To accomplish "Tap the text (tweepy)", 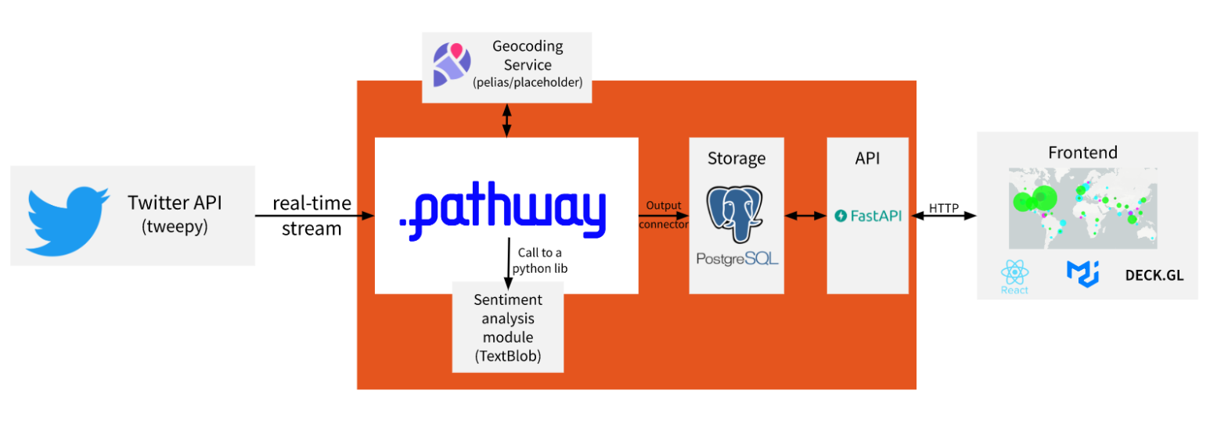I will (175, 228).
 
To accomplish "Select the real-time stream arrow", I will (313, 216).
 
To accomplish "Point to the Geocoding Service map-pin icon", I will (452, 63).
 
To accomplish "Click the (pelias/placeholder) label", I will (528, 82).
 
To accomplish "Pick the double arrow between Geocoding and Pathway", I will (506, 120).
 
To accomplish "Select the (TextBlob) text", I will (508, 355).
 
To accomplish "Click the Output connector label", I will (664, 215).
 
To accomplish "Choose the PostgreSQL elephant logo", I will (736, 212).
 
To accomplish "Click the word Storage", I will (736, 159).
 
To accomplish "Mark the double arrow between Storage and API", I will (805, 216).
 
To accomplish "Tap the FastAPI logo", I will (868, 216).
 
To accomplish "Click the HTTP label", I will (944, 208).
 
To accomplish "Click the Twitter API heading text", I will (175, 203).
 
